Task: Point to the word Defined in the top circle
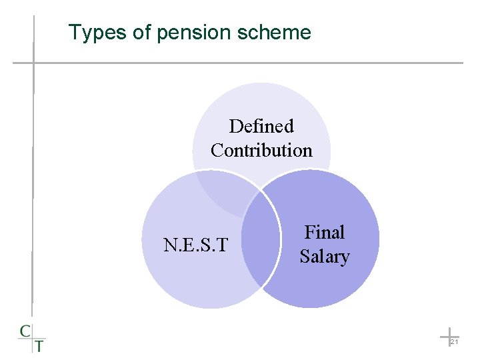pos(261,126)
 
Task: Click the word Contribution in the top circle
pos(261,150)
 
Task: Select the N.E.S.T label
pos(196,245)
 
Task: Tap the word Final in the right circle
pos(325,232)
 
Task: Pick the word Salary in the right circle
pos(325,256)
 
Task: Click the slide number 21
pos(453,341)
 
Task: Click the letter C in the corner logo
pos(25,331)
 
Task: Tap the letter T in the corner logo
pos(39,345)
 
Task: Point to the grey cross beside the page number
pos(449,335)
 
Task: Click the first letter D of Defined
pos(235,126)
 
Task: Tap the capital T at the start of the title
pos(74,32)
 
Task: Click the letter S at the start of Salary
pos(305,256)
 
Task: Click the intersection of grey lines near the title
pos(33,63)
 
